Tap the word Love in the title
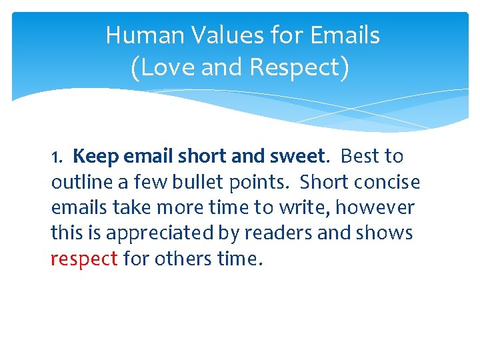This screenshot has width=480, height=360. coord(164,67)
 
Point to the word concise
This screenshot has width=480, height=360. coord(391,182)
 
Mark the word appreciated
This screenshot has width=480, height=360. coord(157,234)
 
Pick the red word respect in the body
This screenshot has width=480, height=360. coord(84,259)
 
